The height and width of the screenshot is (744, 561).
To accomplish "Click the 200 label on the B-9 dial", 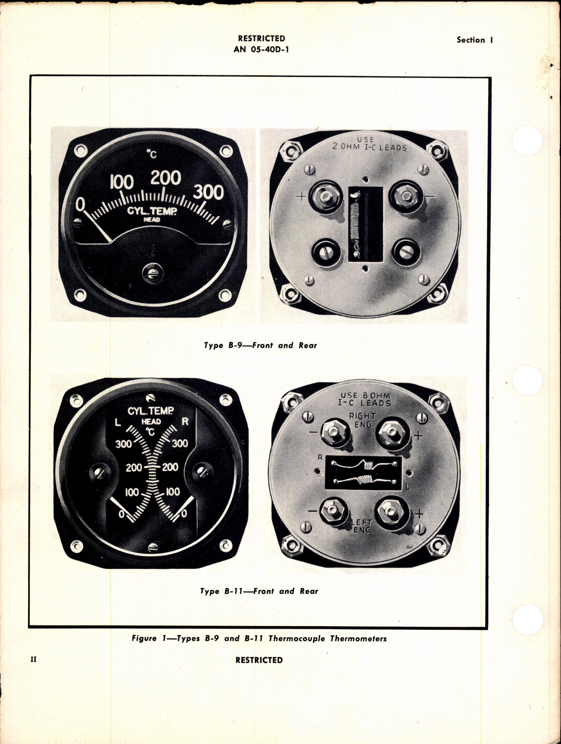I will pos(165,178).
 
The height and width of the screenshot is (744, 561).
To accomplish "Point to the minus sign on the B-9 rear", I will pos(432,196).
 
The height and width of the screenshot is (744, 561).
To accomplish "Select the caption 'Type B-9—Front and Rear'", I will pos(260,345).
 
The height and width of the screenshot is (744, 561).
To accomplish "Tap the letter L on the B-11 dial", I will pos(117,423).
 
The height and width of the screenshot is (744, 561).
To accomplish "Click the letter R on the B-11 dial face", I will pos(185,422).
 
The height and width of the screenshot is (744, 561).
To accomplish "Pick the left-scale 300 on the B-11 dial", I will pos(124,444).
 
